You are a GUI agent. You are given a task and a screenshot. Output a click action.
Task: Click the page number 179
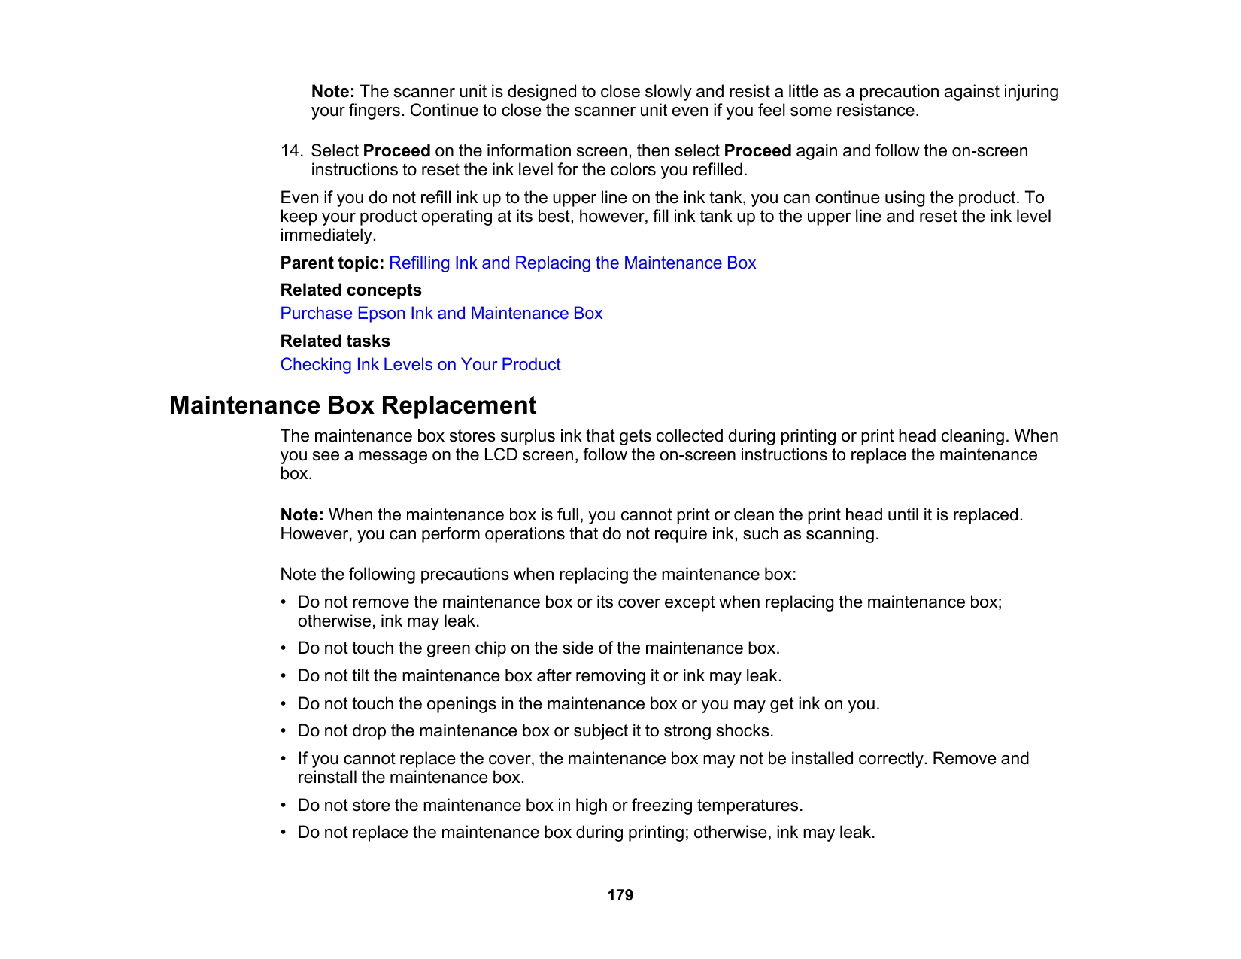(620, 895)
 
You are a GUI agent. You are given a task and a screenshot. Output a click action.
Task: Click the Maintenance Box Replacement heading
(353, 405)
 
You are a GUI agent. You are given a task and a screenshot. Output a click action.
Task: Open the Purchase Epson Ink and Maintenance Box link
(441, 314)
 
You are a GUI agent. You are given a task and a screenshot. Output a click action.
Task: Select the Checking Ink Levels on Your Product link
(420, 365)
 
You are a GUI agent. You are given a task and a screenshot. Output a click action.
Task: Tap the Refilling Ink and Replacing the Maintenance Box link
(572, 263)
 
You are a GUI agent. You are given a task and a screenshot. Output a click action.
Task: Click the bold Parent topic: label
(332, 263)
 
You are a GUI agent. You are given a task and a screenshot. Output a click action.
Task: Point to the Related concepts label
(350, 290)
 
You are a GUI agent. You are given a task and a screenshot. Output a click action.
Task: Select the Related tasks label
(335, 341)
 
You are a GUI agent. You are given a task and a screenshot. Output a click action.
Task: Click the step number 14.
(290, 151)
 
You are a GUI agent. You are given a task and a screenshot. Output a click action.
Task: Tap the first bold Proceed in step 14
(396, 151)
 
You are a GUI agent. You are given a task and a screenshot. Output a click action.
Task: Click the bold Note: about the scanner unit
(332, 92)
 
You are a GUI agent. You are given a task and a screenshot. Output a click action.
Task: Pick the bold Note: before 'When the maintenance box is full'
(302, 515)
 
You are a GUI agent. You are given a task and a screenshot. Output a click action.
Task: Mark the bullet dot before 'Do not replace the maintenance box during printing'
(284, 833)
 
